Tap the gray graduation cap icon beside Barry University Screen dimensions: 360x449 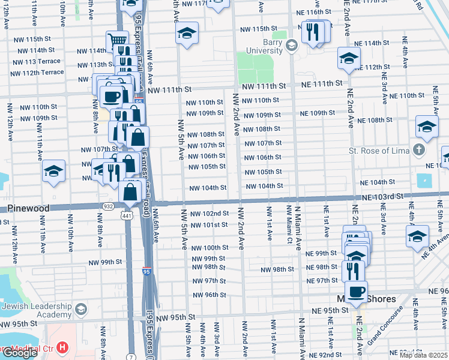(x=292, y=45)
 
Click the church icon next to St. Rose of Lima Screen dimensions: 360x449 (x=419, y=149)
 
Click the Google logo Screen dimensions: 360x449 (x=20, y=353)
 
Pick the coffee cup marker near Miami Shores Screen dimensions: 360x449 (x=355, y=292)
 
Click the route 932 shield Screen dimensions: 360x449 (x=108, y=206)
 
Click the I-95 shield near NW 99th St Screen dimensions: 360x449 (x=146, y=272)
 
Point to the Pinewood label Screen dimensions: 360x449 (x=27, y=208)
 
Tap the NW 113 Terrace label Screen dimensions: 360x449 (x=36, y=62)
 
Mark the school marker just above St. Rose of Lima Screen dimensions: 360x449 (x=427, y=127)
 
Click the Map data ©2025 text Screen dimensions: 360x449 (x=424, y=355)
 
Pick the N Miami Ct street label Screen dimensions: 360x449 (x=289, y=223)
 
